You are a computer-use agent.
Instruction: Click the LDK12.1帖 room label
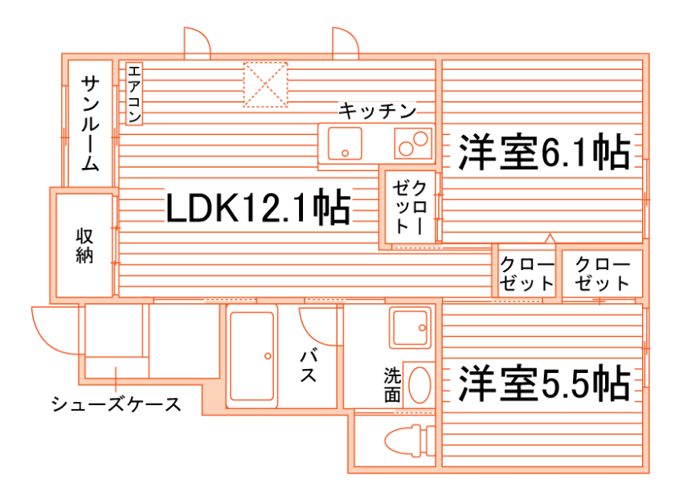point(257,208)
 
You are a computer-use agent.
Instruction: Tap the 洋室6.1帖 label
point(543,153)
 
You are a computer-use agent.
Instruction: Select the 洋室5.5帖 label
point(543,384)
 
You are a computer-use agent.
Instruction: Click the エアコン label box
point(133,94)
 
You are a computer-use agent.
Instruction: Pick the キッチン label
point(377,110)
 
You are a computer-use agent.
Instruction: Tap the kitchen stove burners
point(413,144)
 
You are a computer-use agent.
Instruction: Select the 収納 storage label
point(84,246)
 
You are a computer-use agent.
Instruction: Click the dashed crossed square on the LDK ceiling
point(266,84)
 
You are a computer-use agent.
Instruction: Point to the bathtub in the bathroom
point(253,356)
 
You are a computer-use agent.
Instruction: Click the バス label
point(308,366)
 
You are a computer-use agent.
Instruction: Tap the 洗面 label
point(391,384)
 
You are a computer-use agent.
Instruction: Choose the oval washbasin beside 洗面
point(419,383)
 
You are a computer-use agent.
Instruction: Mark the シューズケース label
point(116,404)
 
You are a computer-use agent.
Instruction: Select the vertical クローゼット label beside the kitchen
point(410,207)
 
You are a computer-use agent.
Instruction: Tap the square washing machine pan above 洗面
point(411,328)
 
